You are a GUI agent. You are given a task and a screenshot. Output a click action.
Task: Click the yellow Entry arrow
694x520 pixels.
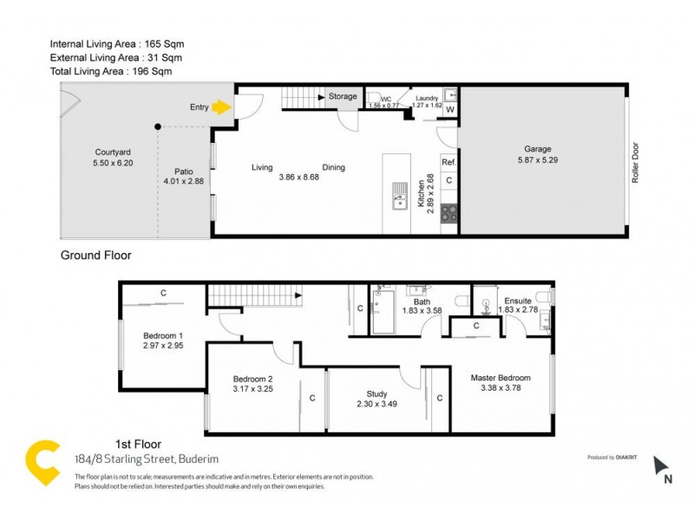click(221, 107)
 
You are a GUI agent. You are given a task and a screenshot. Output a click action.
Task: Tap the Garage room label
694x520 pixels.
click(537, 149)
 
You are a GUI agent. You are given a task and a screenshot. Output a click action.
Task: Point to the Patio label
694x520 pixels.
click(182, 171)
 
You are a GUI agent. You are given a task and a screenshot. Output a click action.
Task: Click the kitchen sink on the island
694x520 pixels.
click(398, 197)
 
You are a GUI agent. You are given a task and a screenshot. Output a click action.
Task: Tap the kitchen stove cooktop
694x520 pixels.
click(449, 213)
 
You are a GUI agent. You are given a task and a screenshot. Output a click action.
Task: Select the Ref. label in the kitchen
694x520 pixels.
click(448, 162)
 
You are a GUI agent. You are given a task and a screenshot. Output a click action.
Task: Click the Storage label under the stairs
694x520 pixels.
click(343, 96)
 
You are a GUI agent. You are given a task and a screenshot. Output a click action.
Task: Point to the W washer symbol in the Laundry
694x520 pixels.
click(449, 109)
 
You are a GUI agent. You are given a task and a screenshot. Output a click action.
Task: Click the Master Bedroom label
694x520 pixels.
click(501, 378)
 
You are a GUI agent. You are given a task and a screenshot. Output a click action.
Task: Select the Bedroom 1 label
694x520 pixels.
click(163, 335)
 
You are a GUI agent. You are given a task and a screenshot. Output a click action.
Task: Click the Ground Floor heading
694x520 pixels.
click(95, 256)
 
